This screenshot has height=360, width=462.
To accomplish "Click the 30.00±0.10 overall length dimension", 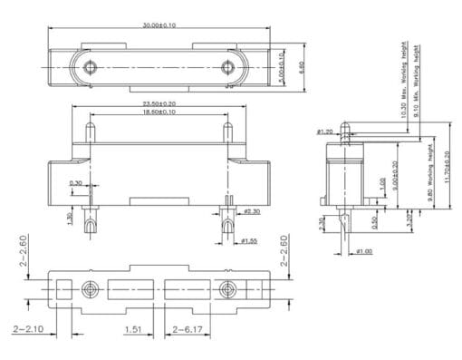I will (x=159, y=24).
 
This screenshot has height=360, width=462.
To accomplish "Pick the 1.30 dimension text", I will (x=71, y=218).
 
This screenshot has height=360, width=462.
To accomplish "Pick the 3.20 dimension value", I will (x=409, y=219).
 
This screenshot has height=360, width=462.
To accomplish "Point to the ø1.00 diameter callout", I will (x=364, y=251).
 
